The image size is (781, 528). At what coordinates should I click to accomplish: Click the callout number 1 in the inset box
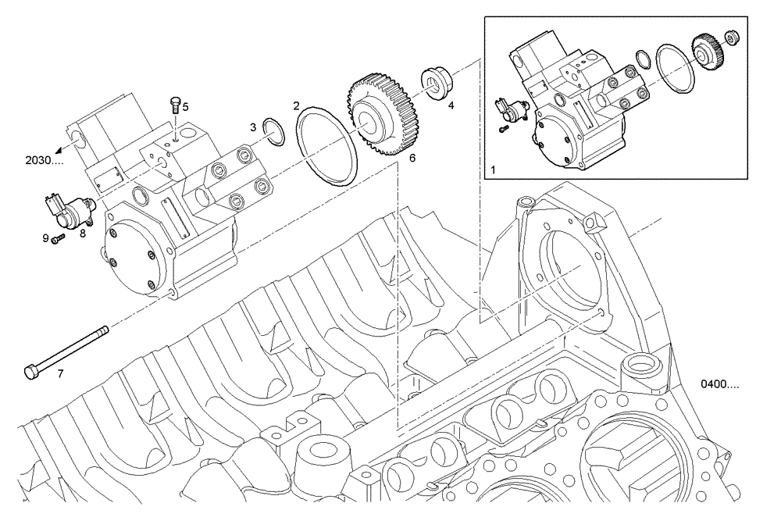[493, 169]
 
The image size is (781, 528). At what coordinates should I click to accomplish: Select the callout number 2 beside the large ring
[296, 105]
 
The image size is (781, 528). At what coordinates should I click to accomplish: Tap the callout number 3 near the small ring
[252, 127]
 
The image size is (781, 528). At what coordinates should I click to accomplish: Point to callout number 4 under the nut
[451, 104]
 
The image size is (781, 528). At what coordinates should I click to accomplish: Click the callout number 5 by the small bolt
[185, 105]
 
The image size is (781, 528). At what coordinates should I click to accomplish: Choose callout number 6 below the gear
[412, 157]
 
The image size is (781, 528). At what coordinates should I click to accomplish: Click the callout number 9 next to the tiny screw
[45, 237]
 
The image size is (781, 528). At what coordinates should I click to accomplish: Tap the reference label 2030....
[43, 161]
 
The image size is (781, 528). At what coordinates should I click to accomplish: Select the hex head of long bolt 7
[31, 371]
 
